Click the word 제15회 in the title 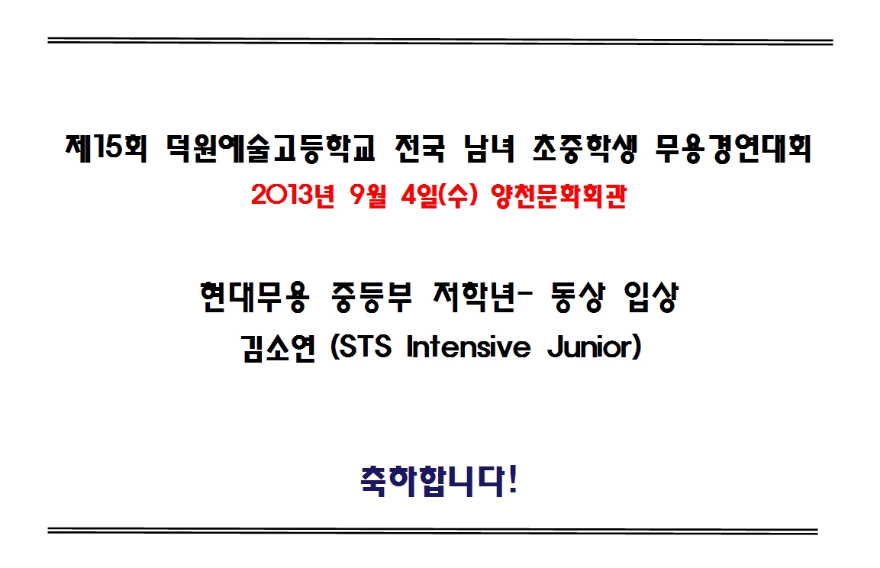click(106, 148)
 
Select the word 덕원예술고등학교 click(271, 148)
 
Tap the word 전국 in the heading click(421, 148)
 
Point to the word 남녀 click(489, 148)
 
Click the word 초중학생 click(585, 148)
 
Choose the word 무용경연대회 click(733, 148)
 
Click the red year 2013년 click(293, 195)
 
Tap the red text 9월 click(368, 195)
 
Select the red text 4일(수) click(440, 195)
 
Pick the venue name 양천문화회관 click(559, 195)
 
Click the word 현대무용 click(254, 297)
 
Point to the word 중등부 click(372, 297)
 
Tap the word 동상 click(578, 297)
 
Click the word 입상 click(651, 297)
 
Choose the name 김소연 click(279, 347)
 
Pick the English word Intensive click(469, 347)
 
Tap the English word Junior click(591, 347)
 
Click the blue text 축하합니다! click(438, 481)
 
